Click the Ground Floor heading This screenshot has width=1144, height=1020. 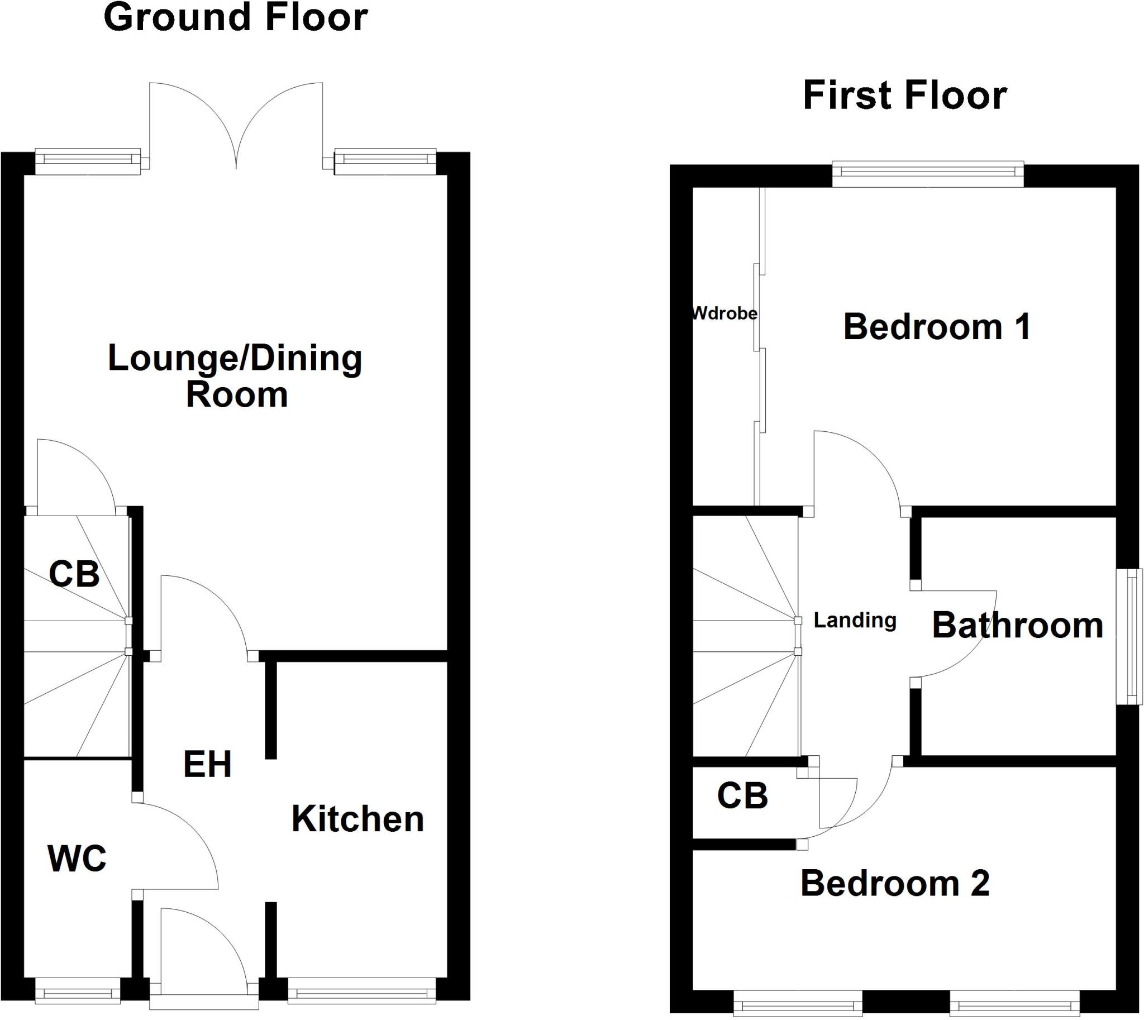click(x=235, y=18)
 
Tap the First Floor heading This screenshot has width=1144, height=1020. click(x=905, y=96)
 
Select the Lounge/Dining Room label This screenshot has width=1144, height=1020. click(x=235, y=375)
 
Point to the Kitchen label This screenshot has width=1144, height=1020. click(x=357, y=819)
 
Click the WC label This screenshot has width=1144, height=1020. click(x=77, y=859)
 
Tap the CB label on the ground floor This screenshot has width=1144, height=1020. click(x=74, y=574)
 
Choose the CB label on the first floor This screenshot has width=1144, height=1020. click(x=742, y=796)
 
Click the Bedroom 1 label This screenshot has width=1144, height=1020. click(x=937, y=327)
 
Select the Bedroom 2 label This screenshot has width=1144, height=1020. click(x=894, y=884)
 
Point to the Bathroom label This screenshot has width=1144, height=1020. click(x=1017, y=626)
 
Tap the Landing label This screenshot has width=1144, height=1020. click(x=855, y=621)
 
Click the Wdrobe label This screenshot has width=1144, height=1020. click(x=724, y=313)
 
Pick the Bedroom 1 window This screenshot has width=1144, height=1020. click(x=928, y=174)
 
